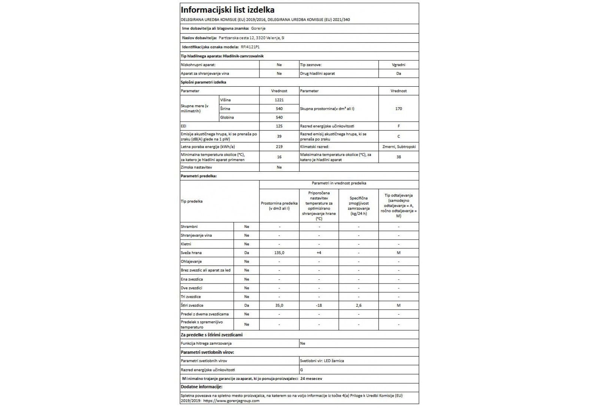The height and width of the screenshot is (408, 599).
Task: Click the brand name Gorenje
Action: (258, 28)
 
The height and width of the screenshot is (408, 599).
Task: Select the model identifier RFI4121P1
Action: (250, 47)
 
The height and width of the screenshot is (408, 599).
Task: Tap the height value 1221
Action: (279, 100)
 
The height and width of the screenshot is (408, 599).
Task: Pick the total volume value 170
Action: (398, 109)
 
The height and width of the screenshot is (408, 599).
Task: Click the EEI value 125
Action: (279, 126)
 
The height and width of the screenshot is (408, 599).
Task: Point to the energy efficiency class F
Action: (398, 126)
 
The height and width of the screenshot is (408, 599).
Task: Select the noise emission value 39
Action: (279, 136)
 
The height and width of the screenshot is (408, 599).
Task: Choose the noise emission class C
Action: (398, 136)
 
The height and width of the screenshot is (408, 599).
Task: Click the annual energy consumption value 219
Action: (279, 147)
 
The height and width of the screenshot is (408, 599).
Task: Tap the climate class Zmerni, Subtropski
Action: (398, 147)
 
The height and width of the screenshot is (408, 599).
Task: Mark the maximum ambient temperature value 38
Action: (398, 157)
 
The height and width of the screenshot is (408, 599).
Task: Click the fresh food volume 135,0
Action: (279, 253)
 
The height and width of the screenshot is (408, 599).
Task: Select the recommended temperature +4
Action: (319, 253)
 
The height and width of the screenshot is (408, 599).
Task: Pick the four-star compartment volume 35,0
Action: (279, 305)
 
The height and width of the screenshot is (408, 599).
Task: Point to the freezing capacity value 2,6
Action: (358, 305)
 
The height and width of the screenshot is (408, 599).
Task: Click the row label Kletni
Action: (186, 244)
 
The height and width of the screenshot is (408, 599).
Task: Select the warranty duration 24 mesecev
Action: (311, 378)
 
